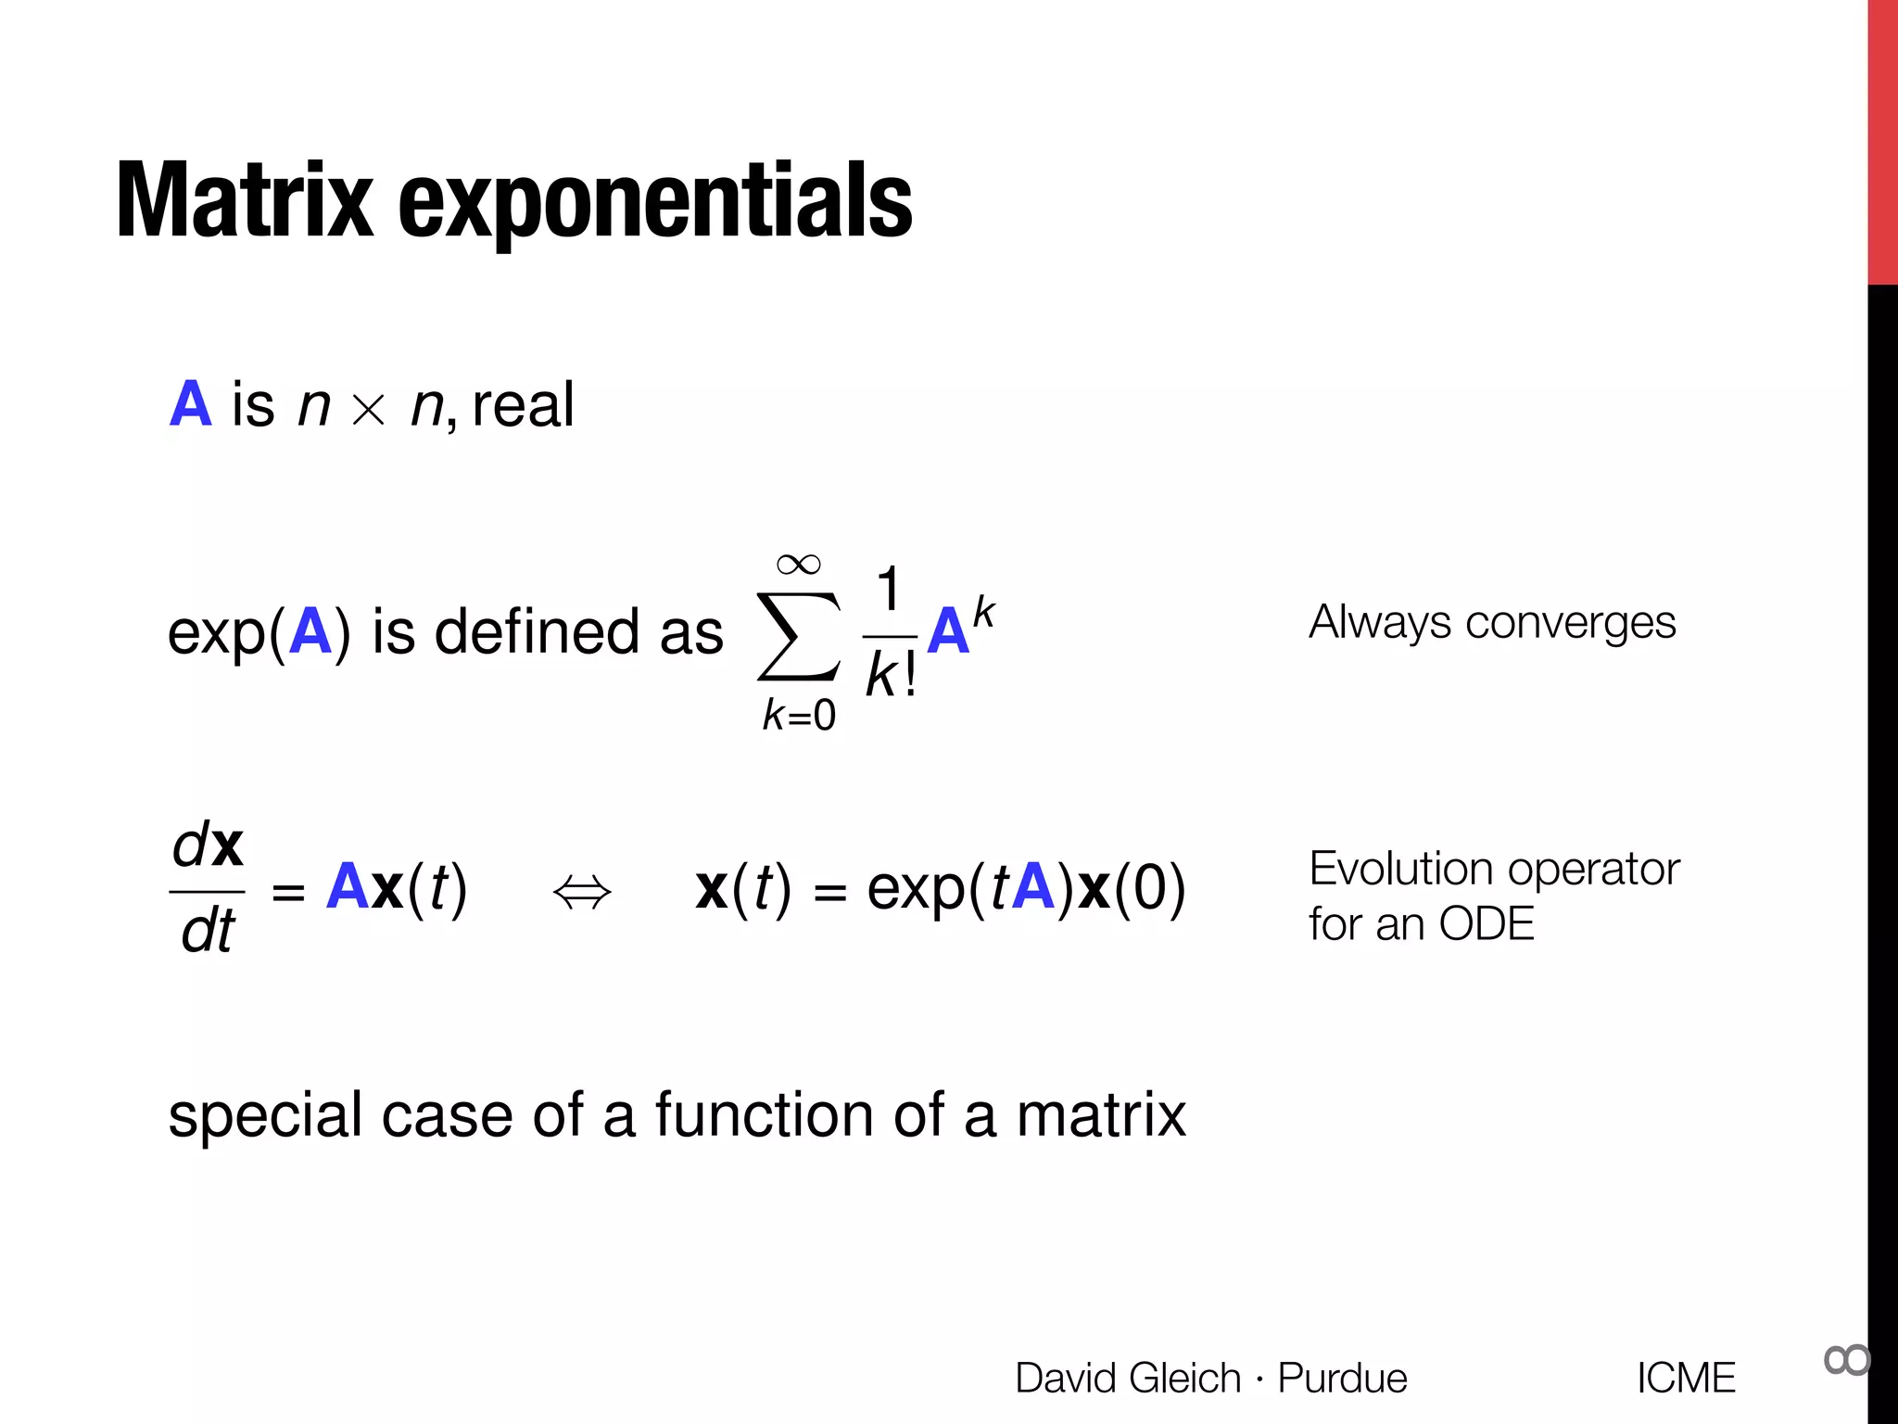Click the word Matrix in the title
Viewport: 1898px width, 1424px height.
244,200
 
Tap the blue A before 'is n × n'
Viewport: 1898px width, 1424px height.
191,404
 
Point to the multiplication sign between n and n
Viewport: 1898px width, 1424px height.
369,409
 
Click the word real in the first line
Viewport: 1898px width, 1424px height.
524,405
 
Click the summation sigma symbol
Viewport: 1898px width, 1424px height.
798,636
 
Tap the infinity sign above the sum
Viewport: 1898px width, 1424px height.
798,564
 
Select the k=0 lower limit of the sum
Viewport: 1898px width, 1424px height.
799,715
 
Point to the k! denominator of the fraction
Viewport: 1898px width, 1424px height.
891,674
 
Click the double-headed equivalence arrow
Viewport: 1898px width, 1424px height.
582,893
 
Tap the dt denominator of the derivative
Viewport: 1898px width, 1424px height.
209,931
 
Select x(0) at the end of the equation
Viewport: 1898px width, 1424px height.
1132,888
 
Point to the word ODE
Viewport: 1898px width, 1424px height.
1487,924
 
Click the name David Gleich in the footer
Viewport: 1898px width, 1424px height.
1127,1378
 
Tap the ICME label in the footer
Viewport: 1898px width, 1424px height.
1686,1378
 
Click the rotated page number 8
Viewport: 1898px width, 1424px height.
1846,1360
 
